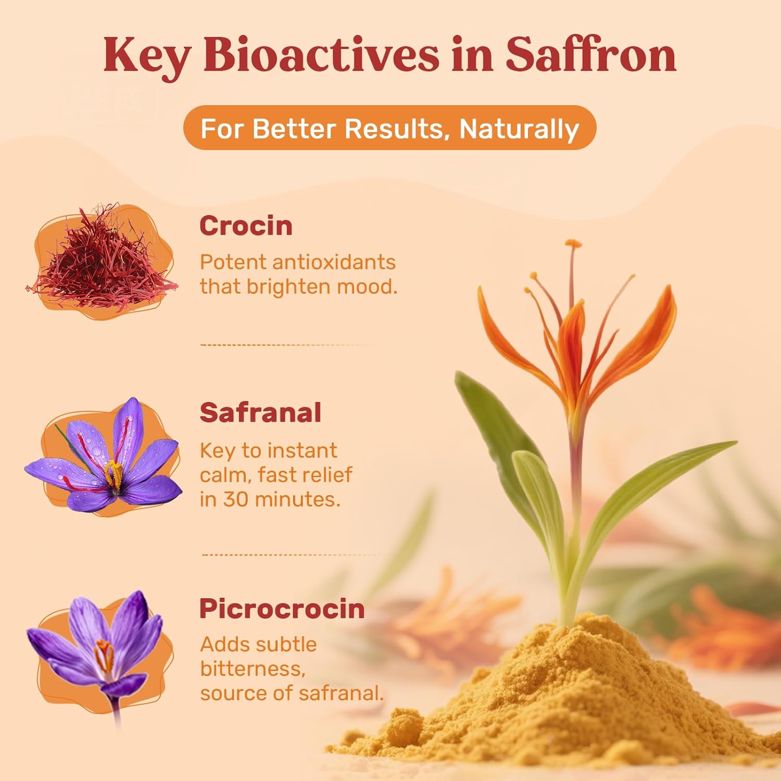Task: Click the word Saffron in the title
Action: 590,55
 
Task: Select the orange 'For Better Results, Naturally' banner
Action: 389,128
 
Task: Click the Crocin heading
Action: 246,226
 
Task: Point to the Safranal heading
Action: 260,413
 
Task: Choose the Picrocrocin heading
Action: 282,609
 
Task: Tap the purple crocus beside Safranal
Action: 104,458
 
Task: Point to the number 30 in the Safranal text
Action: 236,499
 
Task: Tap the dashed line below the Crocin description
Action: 286,345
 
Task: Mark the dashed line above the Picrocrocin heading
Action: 292,555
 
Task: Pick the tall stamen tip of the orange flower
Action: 573,244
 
